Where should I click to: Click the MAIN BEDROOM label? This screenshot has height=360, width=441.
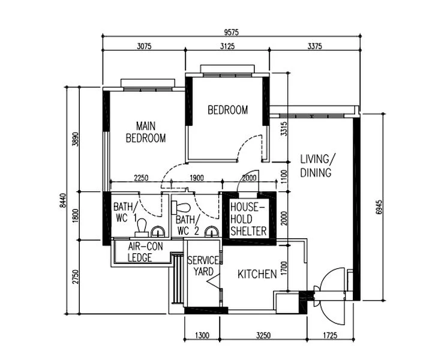tap(145, 132)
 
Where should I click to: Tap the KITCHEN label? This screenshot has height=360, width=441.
tap(257, 275)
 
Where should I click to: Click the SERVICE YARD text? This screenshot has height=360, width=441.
tap(202, 266)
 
